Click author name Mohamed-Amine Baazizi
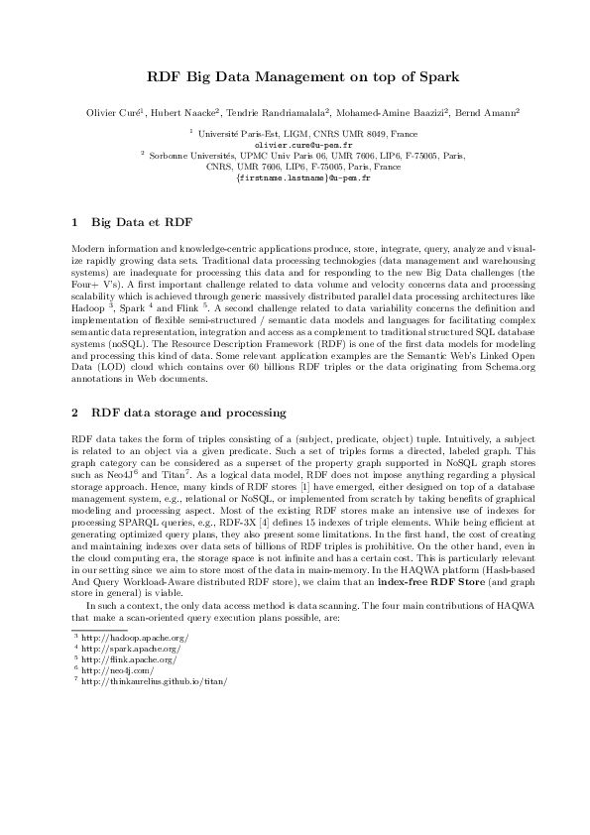(x=393, y=114)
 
